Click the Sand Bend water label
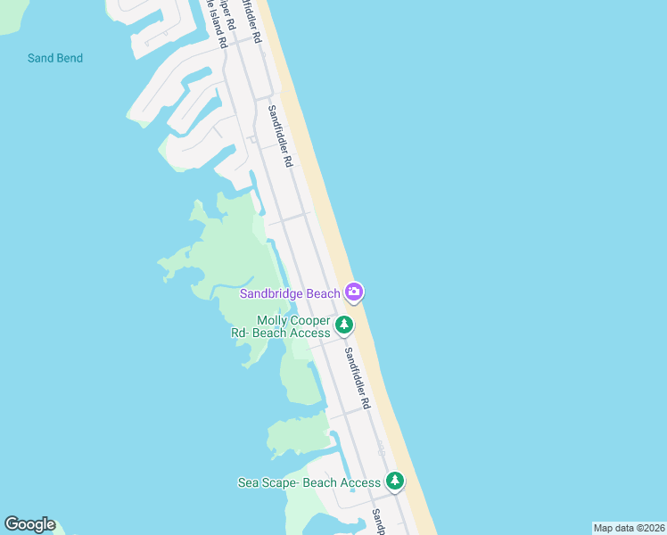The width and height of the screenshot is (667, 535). click(55, 59)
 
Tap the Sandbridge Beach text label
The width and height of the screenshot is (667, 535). click(290, 294)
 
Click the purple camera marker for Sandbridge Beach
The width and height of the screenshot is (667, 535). click(354, 292)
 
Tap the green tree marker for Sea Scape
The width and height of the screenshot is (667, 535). click(395, 481)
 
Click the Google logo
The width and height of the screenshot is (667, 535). click(29, 524)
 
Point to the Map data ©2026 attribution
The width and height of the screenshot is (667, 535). click(629, 528)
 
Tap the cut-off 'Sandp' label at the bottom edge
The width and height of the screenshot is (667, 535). click(378, 523)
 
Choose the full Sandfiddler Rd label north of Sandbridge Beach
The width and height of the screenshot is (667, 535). click(280, 136)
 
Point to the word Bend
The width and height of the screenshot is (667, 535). click(68, 59)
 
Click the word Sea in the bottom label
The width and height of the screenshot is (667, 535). click(248, 483)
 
